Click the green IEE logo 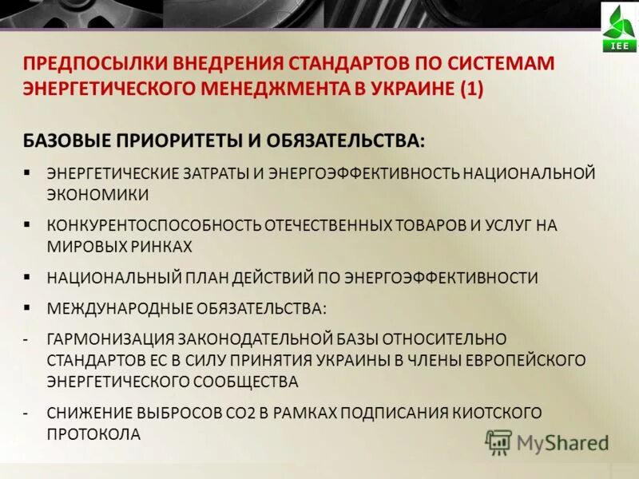click(619, 28)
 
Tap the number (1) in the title click(470, 88)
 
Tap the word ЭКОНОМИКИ click(98, 194)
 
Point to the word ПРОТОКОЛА click(93, 434)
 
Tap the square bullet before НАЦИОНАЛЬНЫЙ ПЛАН click(27, 276)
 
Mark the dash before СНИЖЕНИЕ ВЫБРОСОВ click(27, 413)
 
